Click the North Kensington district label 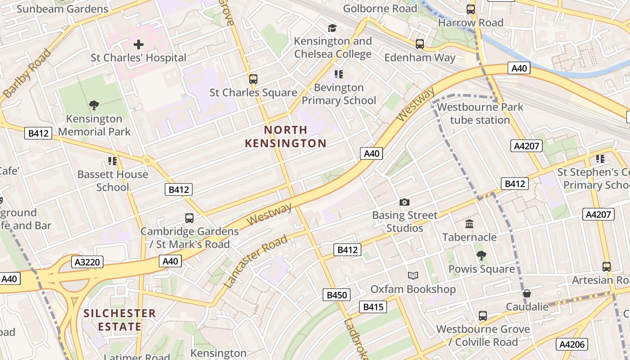point(285,137)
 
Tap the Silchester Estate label point(120,320)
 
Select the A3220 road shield point(87,262)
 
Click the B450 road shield point(337,295)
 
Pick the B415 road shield point(373,307)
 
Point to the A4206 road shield point(572,345)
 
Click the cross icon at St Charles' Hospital point(139,45)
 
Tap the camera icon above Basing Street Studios point(405,202)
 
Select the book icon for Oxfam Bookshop point(413,276)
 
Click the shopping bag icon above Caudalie point(526,294)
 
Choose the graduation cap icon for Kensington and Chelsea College point(333,28)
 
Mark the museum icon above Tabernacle point(469,224)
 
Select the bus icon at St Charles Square point(253,79)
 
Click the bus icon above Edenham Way point(419,44)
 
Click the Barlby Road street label point(27,73)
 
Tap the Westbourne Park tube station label point(480,113)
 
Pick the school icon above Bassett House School point(112,161)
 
